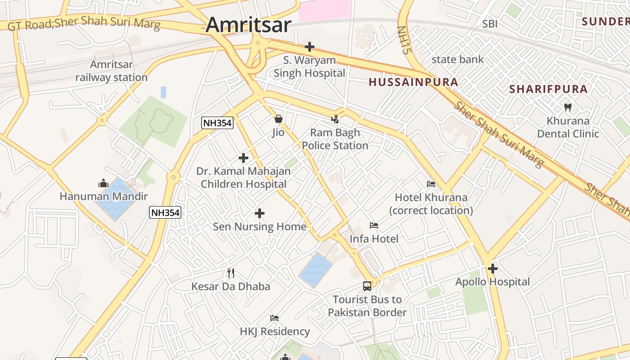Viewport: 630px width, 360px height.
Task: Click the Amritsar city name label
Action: pos(249,24)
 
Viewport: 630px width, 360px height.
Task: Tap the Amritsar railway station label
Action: pos(112,71)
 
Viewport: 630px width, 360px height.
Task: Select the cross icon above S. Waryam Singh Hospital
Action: pos(309,46)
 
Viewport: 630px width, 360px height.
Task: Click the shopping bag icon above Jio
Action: pos(279,119)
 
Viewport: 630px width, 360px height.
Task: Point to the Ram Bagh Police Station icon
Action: pos(335,119)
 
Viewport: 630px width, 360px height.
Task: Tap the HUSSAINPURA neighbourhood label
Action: pos(413,82)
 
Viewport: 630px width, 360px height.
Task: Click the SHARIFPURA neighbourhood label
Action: pos(549,89)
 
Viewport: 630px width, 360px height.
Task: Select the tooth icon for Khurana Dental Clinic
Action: pos(567,107)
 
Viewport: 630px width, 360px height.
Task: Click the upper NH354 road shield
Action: pos(217,123)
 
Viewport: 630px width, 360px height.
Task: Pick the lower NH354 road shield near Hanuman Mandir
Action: pos(165,212)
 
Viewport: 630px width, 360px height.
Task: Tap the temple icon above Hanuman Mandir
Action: pos(103,183)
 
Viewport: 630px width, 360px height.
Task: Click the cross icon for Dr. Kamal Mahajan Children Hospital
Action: pos(243,158)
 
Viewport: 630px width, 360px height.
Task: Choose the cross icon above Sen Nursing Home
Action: pos(260,213)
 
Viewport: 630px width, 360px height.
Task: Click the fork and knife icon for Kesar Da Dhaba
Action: pos(231,273)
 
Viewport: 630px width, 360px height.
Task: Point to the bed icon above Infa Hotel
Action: pos(374,225)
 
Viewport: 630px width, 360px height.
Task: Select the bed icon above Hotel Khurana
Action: pos(431,184)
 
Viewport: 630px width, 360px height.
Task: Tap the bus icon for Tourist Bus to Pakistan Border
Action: pos(367,286)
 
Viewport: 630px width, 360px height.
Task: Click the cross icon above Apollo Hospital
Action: pos(493,269)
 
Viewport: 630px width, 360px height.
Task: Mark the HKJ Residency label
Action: pos(274,332)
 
